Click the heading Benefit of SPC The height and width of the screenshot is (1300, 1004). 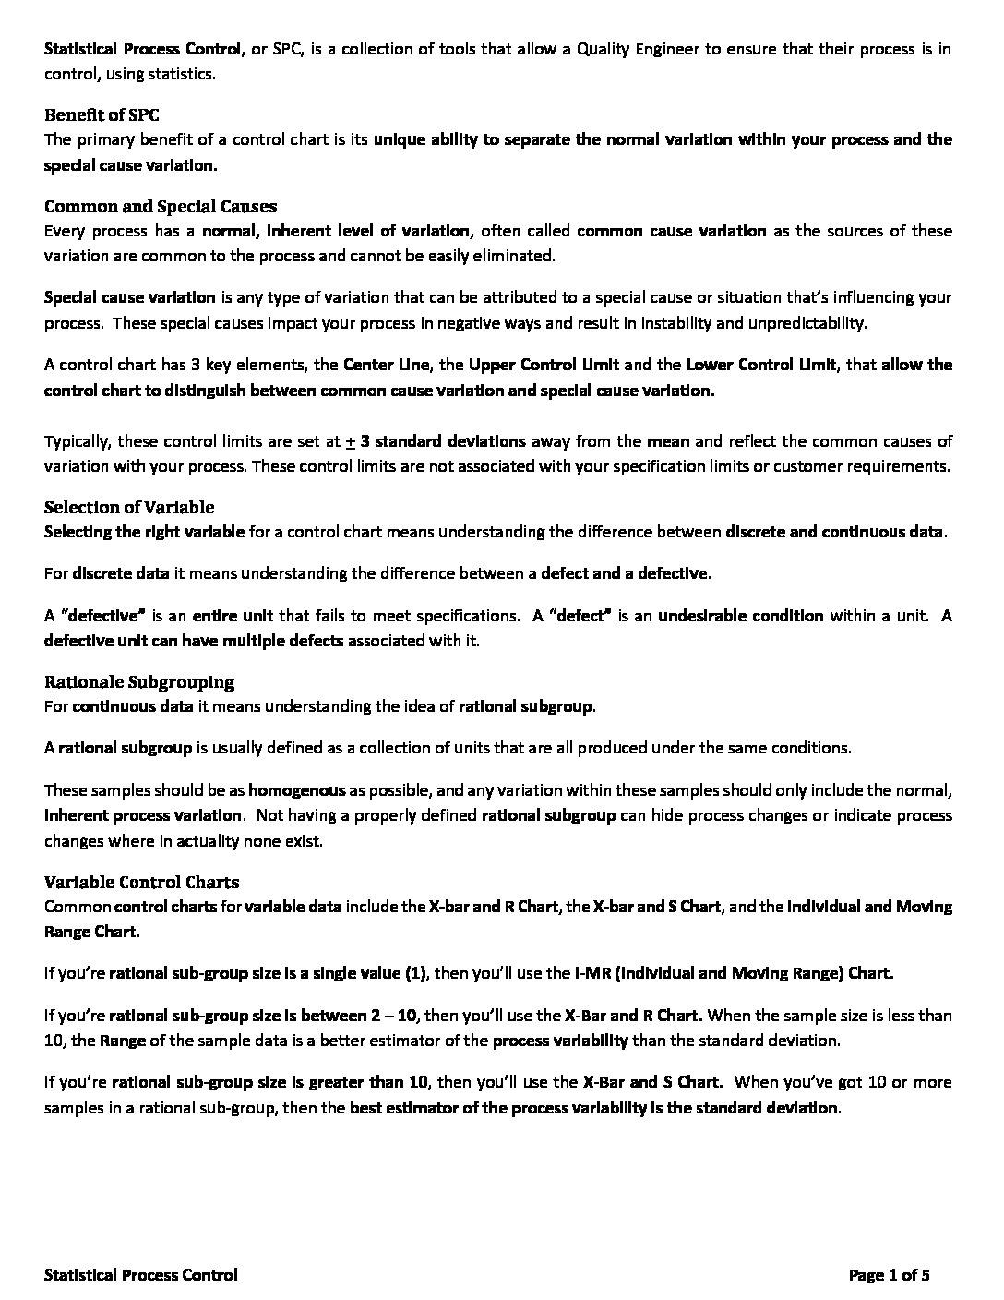click(x=102, y=115)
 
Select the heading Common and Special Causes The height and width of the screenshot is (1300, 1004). click(x=161, y=206)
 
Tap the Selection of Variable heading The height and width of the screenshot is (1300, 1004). click(x=129, y=507)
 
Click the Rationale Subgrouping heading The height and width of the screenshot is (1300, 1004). click(x=139, y=681)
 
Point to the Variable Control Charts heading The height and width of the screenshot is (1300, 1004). click(x=141, y=882)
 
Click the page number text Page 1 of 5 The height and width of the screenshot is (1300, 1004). click(x=889, y=1275)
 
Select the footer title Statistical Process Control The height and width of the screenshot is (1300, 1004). click(x=140, y=1275)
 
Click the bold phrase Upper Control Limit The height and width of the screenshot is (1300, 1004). click(x=544, y=365)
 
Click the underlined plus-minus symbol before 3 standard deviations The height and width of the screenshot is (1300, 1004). click(x=351, y=441)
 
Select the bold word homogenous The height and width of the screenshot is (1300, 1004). click(x=296, y=790)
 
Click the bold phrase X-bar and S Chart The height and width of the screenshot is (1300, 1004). click(x=656, y=907)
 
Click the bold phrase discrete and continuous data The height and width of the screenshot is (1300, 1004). click(x=835, y=532)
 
